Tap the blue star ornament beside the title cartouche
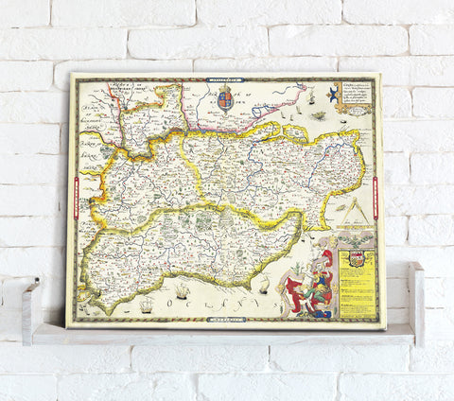333,93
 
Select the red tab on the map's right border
378,196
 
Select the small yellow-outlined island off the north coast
282,124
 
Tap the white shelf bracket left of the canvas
31,304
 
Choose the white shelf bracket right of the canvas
416,301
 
